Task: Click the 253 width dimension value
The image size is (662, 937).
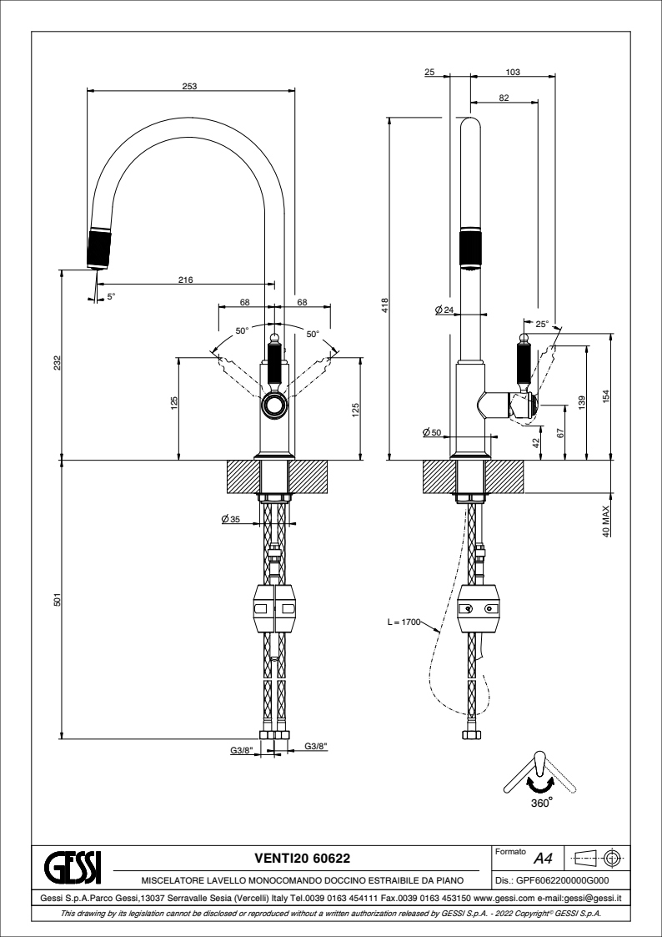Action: (x=190, y=86)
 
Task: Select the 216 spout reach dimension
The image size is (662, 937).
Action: (x=186, y=280)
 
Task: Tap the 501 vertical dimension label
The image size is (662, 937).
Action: (x=55, y=599)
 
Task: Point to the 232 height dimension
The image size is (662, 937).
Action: (x=55, y=363)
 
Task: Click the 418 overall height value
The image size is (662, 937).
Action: (x=384, y=306)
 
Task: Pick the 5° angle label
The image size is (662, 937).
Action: (x=111, y=295)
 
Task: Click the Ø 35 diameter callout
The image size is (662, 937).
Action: (x=231, y=519)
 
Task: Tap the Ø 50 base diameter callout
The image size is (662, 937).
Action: (x=431, y=431)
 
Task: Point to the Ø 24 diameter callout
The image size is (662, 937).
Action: (x=444, y=310)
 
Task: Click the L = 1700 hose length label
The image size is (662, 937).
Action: (x=403, y=622)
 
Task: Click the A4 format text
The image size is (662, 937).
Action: (x=544, y=858)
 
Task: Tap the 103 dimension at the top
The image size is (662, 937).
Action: (x=513, y=73)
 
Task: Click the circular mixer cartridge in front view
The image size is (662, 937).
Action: (x=273, y=406)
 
